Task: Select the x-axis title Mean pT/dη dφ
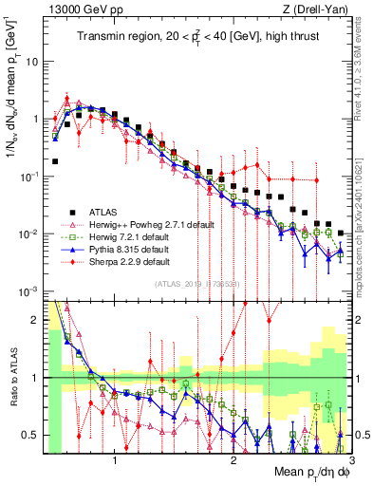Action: [x=304, y=469]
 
